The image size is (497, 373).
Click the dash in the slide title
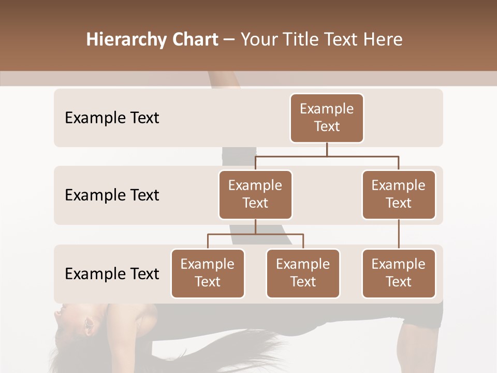pyautogui.click(x=229, y=40)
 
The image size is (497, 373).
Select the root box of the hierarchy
pyautogui.click(x=327, y=118)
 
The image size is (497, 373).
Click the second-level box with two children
pyautogui.click(x=255, y=195)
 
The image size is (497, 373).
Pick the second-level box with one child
pyautogui.click(x=399, y=195)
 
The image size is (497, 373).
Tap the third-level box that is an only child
pyautogui.click(x=399, y=274)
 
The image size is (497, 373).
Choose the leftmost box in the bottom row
pyautogui.click(x=208, y=274)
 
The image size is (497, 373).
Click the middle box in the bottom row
pyautogui.click(x=303, y=274)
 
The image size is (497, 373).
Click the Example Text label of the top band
pyautogui.click(x=112, y=118)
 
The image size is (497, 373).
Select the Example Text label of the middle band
pyautogui.click(x=112, y=195)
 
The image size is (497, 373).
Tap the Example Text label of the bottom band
pyautogui.click(x=112, y=274)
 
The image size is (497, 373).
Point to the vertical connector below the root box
pyautogui.click(x=327, y=149)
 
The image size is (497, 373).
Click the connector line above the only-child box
pyautogui.click(x=399, y=234)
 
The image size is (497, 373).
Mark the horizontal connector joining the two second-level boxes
pyautogui.click(x=327, y=155)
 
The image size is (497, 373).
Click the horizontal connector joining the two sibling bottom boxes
pyautogui.click(x=255, y=234)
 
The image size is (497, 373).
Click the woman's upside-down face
pyautogui.click(x=78, y=321)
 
